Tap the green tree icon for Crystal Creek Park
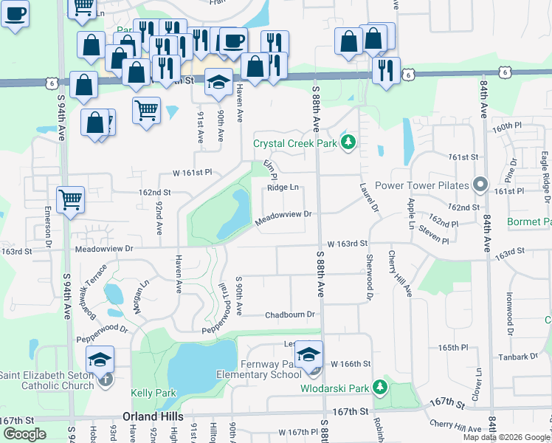[348, 143]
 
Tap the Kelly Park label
[153, 393]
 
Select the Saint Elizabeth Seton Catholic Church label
[46, 380]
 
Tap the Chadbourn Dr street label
[291, 315]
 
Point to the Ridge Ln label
[283, 188]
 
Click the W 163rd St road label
[348, 243]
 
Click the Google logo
[24, 433]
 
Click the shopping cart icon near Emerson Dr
[70, 199]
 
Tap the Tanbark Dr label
[514, 357]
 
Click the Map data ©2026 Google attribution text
[504, 437]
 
